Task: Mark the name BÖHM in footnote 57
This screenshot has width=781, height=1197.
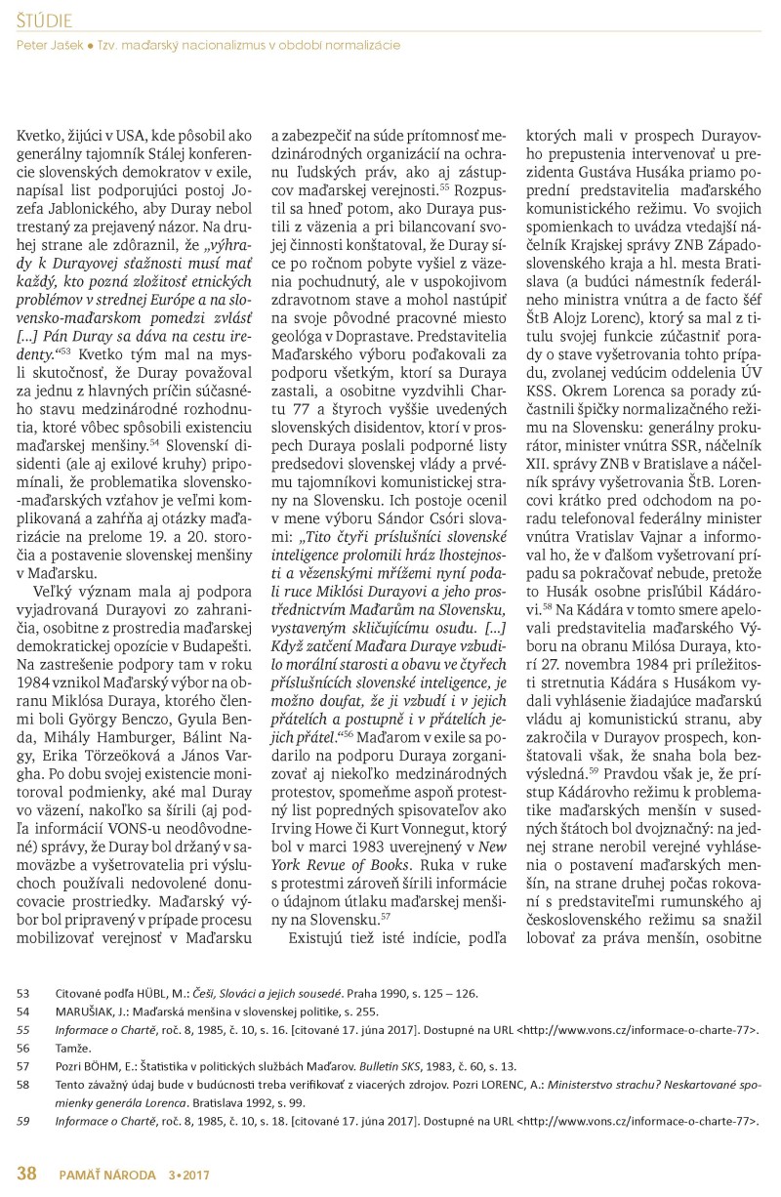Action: click(x=122, y=1065)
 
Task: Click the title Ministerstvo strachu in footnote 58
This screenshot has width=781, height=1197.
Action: click(x=592, y=1084)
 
